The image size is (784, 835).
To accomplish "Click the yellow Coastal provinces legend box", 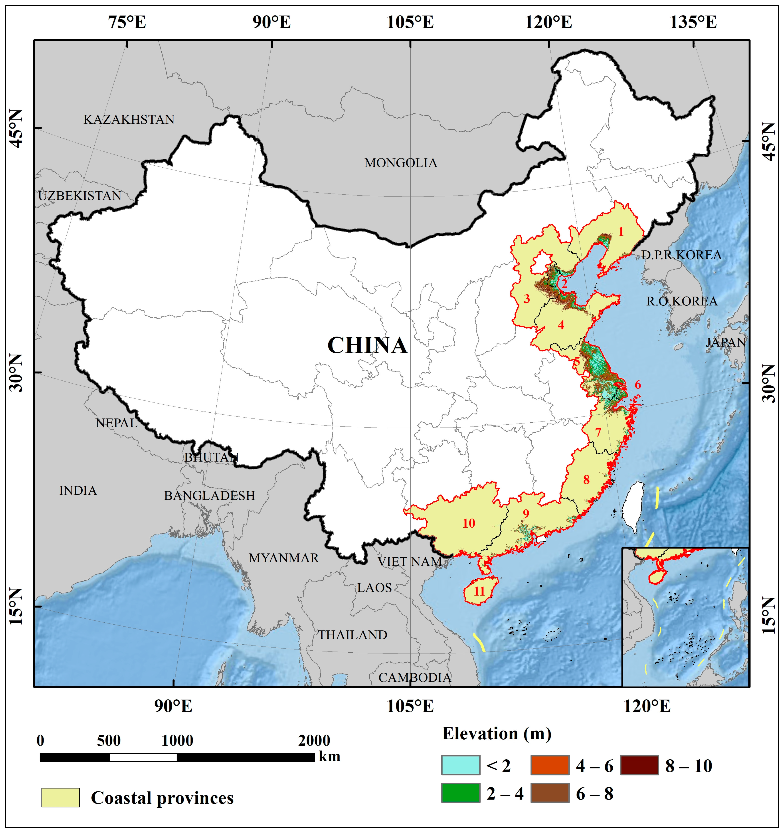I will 60,798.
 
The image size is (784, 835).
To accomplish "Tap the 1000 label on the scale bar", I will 177,740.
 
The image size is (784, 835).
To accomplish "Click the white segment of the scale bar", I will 143,757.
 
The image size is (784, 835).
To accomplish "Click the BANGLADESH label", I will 209,496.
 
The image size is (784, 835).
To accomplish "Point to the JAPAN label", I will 725,342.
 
